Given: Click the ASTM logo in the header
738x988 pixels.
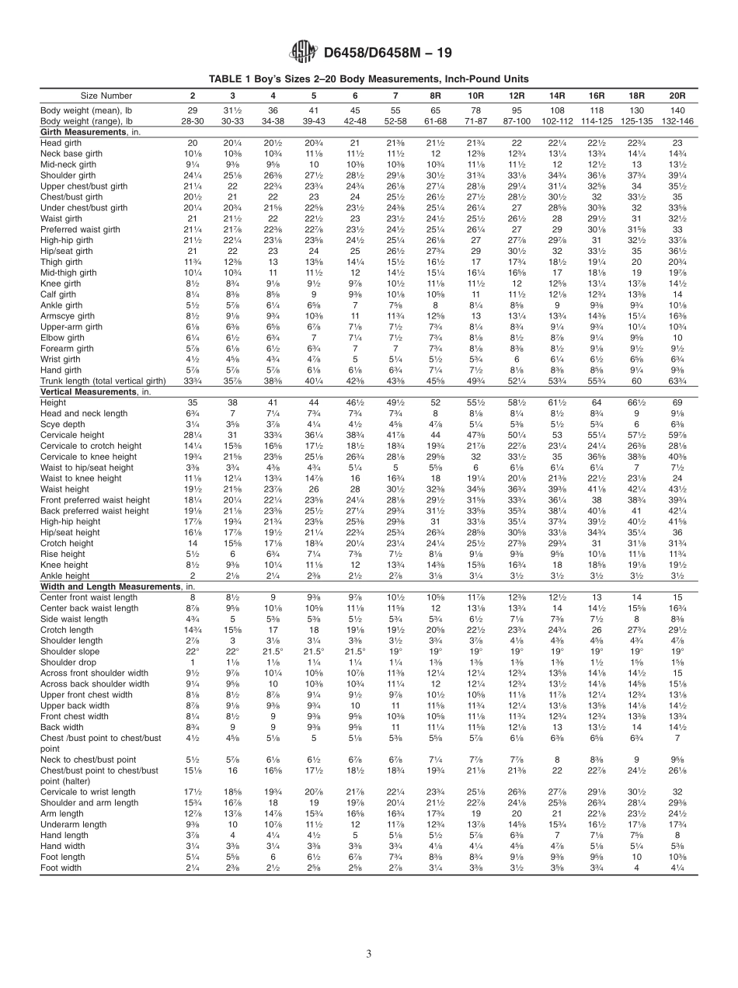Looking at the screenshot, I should [302, 52].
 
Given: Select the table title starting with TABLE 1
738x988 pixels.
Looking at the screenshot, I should [369, 79].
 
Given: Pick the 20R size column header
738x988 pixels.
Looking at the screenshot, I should [677, 95].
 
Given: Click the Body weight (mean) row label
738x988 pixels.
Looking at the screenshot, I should [86, 111].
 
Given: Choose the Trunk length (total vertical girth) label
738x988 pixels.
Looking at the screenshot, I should [103, 381].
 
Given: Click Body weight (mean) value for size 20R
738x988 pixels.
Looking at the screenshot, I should [677, 111].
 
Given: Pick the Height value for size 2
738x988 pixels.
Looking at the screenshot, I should [193, 403].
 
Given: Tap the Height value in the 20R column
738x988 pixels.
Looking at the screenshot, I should [677, 403].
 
